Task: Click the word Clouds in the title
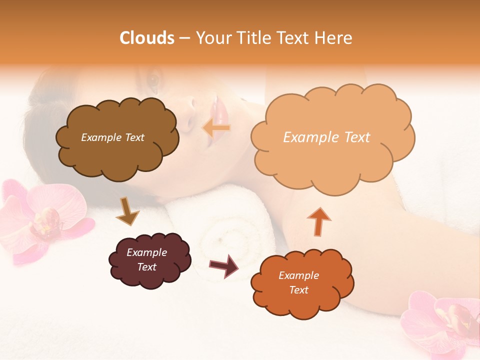pyautogui.click(x=147, y=38)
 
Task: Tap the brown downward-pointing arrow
pyautogui.click(x=127, y=210)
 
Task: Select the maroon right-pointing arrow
pyautogui.click(x=224, y=265)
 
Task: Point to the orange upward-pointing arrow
pyautogui.click(x=318, y=221)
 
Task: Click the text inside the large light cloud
pyautogui.click(x=326, y=137)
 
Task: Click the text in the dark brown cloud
pyautogui.click(x=112, y=137)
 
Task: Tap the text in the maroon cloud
pyautogui.click(x=147, y=259)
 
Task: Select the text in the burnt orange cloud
pyautogui.click(x=298, y=282)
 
